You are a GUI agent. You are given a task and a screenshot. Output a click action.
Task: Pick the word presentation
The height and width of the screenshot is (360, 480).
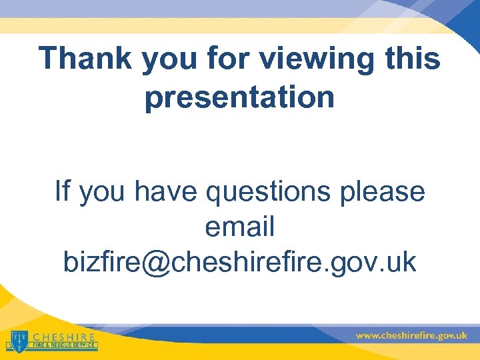[239, 97]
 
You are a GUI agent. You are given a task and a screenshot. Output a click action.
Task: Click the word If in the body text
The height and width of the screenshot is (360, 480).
[63, 191]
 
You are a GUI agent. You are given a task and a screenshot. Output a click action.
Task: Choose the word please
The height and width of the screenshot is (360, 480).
[382, 194]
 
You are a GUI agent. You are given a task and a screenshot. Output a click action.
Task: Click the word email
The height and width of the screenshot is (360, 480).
[239, 227]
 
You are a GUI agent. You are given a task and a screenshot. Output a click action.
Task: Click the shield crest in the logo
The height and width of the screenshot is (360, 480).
[19, 340]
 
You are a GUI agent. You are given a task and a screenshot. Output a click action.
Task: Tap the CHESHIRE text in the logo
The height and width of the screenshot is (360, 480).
[64, 337]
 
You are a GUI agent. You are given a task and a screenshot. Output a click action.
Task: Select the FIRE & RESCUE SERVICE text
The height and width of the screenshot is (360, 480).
[64, 346]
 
